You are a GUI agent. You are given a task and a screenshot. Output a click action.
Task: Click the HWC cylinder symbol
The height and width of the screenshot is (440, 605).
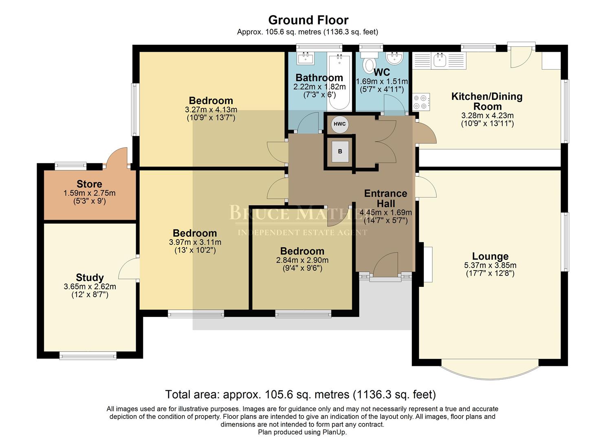tap(339, 124)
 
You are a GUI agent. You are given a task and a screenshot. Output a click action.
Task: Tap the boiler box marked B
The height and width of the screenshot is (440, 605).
tap(340, 152)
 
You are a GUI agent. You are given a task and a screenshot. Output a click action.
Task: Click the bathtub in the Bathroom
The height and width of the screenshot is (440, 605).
tap(339, 81)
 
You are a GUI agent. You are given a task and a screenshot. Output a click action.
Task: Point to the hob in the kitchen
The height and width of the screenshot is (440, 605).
tap(421, 102)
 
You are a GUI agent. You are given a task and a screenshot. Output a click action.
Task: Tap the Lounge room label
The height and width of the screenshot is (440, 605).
tap(490, 256)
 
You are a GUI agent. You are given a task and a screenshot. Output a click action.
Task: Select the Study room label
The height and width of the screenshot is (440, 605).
tap(90, 278)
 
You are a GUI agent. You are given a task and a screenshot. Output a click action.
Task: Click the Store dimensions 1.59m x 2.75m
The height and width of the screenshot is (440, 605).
tap(89, 193)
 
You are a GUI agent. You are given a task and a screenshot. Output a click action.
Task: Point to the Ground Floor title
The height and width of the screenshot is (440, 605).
tap(308, 20)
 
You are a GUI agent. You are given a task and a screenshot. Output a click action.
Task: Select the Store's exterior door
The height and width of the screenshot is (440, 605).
tap(117, 157)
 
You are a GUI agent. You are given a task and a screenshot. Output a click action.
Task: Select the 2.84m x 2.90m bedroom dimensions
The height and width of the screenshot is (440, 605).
tap(302, 260)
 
